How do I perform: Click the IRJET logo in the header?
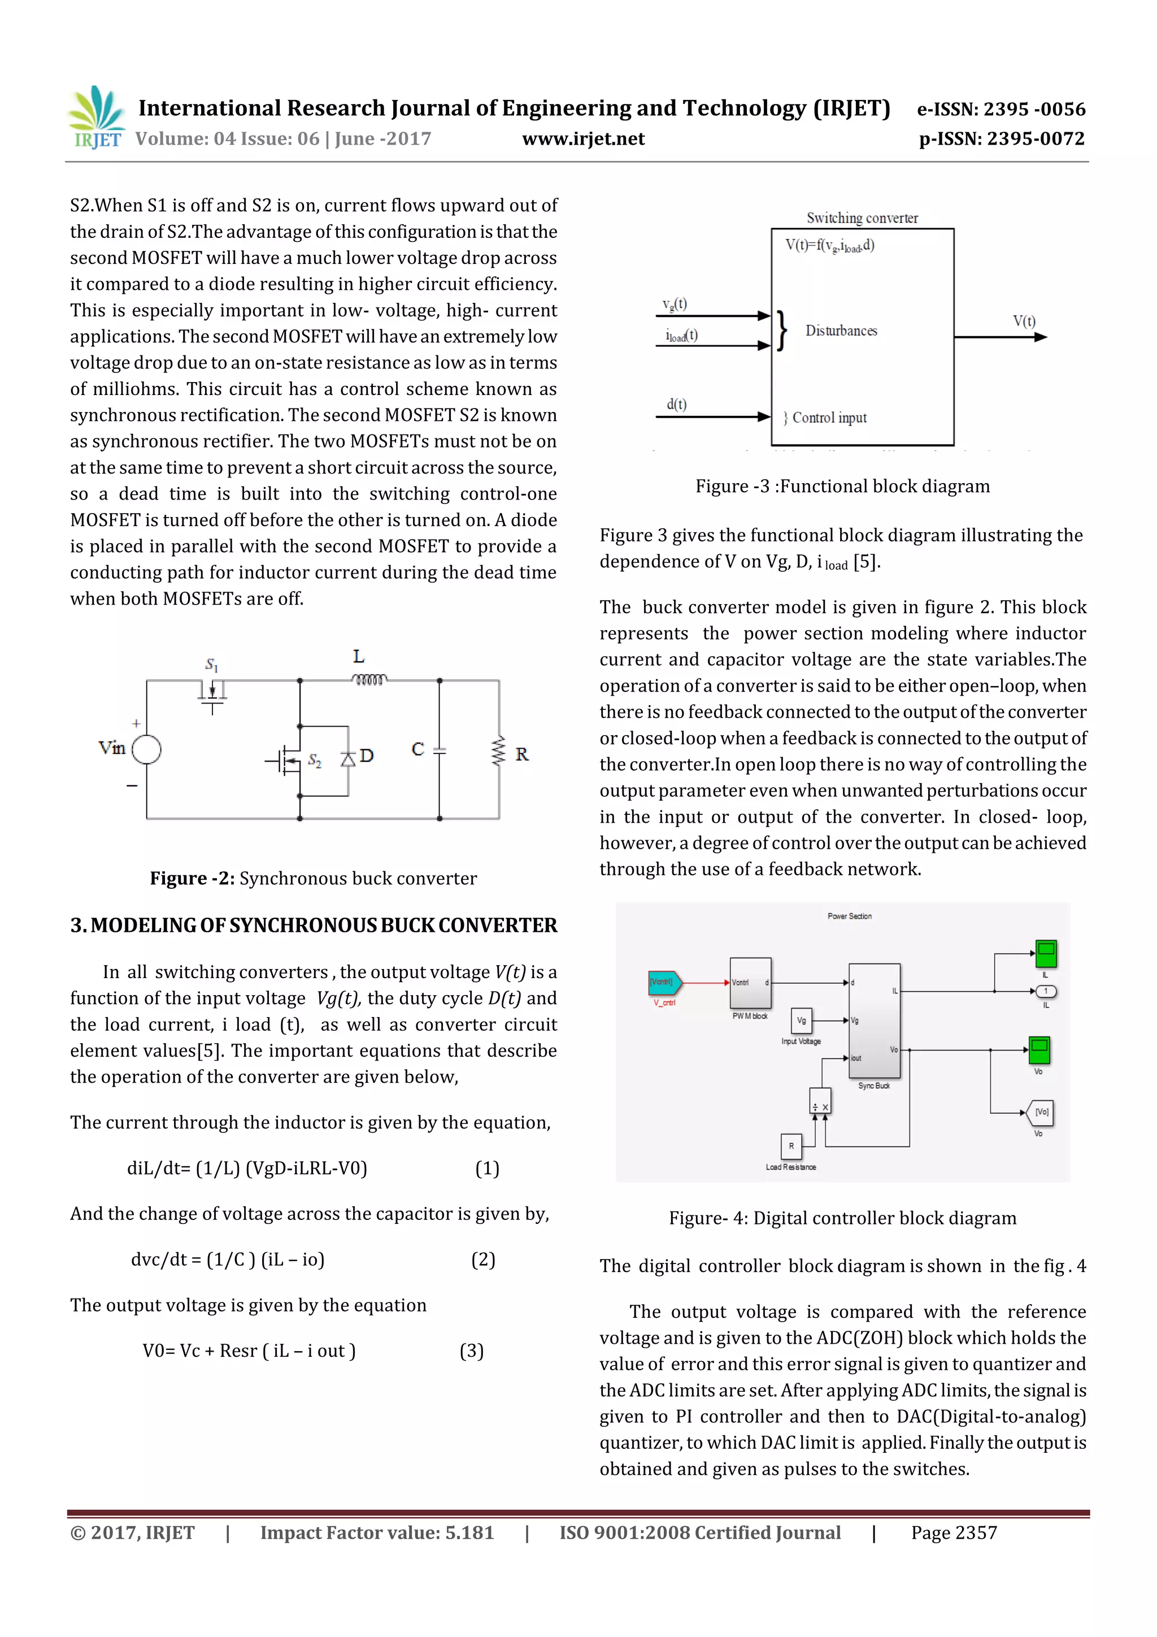coord(96,118)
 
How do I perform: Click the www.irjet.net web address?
coord(583,139)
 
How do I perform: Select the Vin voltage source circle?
coord(146,749)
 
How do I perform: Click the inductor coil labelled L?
coord(369,679)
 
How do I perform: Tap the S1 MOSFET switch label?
coord(212,665)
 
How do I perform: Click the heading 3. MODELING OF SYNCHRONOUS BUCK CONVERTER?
coord(314,926)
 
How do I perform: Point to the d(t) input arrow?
coord(713,416)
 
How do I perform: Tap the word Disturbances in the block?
coord(841,331)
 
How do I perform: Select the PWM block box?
coord(750,983)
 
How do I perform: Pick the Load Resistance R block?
coord(791,1146)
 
